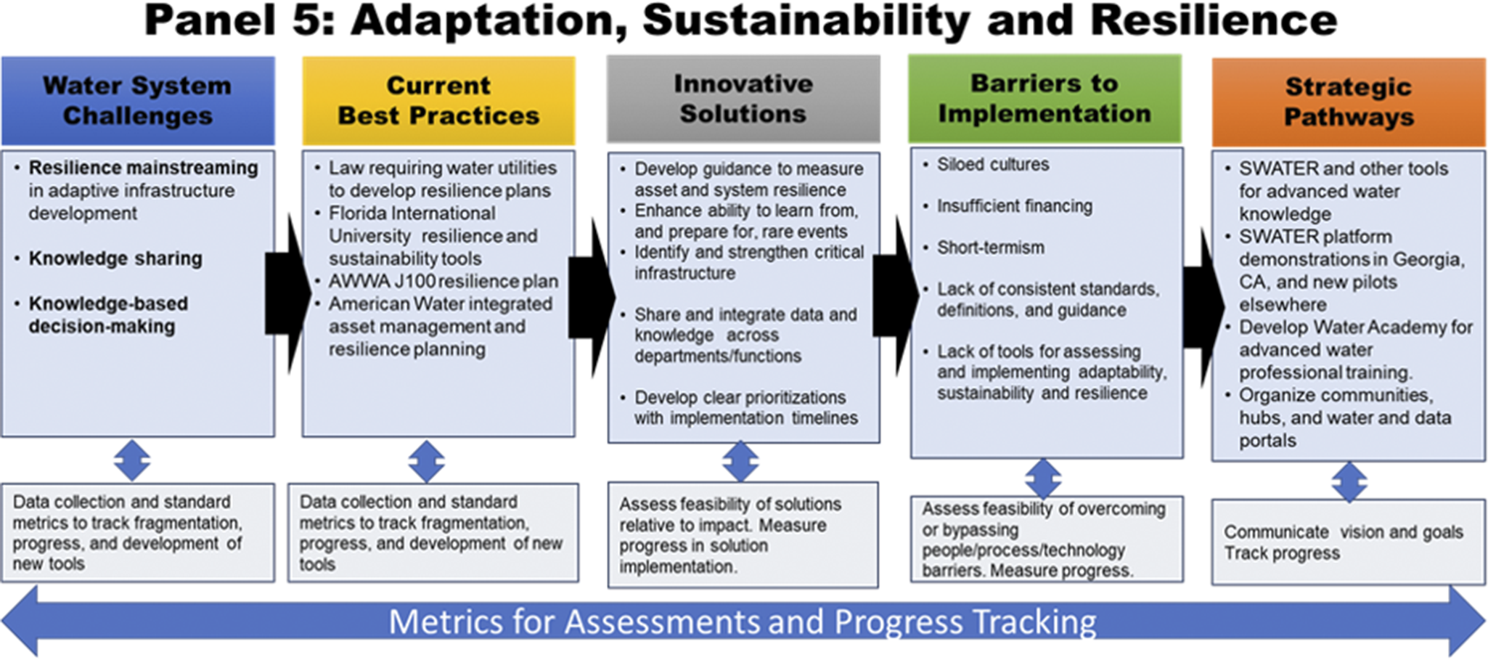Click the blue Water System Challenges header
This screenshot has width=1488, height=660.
click(138, 101)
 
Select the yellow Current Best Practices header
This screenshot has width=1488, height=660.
click(438, 101)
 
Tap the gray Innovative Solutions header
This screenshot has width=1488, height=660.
click(743, 99)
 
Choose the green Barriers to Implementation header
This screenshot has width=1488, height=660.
click(1045, 98)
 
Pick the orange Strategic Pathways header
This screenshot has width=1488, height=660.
click(1349, 102)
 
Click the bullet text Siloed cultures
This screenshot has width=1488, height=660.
click(992, 165)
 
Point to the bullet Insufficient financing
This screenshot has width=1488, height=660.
click(1014, 206)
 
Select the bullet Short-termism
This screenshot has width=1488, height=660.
click(990, 248)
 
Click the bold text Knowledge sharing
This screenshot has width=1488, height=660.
click(115, 258)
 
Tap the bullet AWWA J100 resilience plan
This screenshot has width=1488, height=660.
click(443, 281)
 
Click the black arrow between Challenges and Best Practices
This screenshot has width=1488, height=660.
click(288, 293)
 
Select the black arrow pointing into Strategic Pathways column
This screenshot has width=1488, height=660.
click(1204, 306)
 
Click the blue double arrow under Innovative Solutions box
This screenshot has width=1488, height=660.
click(740, 462)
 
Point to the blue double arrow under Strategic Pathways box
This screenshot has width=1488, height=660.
click(1349, 482)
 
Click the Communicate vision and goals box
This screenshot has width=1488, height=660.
click(1349, 542)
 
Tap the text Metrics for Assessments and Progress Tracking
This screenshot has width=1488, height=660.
click(743, 622)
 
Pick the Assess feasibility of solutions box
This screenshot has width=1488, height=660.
click(743, 535)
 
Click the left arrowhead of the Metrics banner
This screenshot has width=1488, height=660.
click(20, 622)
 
